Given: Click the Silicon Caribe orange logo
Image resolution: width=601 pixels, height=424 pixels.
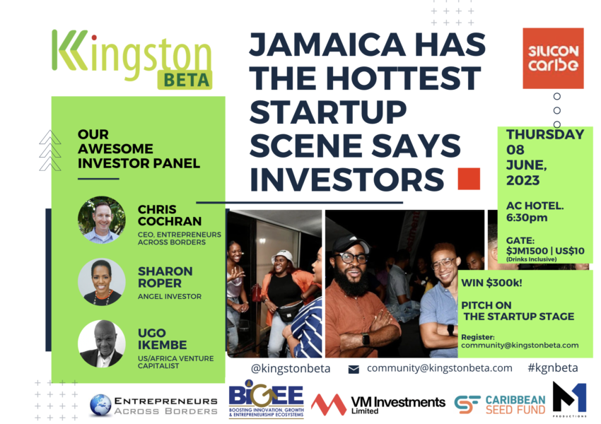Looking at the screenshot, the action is [x=553, y=58].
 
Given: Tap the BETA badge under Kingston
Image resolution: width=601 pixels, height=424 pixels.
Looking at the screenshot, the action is [x=185, y=80].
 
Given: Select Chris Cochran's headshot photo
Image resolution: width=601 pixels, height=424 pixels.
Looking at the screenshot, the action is [x=102, y=220].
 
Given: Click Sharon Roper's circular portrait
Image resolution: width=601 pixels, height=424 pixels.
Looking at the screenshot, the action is [x=102, y=282].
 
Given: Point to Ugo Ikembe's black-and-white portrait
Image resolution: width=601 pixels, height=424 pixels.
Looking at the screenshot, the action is [x=102, y=343].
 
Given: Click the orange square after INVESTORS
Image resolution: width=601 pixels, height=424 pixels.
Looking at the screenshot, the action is [x=469, y=179].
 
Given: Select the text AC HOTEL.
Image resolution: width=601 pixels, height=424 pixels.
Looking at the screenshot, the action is [x=535, y=206].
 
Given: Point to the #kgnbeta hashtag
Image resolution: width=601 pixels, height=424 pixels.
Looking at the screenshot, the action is [x=553, y=367].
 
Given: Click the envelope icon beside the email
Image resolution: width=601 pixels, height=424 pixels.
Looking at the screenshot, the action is [x=354, y=369].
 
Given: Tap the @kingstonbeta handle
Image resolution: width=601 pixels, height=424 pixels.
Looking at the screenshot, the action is [x=291, y=368].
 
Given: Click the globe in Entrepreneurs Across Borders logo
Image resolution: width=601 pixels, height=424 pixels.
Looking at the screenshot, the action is [x=101, y=405].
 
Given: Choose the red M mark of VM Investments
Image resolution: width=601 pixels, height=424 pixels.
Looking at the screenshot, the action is [x=329, y=404].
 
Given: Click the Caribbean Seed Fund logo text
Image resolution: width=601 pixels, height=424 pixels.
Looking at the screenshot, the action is [x=515, y=405].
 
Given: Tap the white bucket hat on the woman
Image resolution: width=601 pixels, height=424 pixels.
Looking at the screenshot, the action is [x=282, y=258].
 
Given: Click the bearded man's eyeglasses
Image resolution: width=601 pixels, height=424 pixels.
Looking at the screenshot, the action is [x=350, y=257].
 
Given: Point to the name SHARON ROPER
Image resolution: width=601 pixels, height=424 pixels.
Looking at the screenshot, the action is [x=165, y=277].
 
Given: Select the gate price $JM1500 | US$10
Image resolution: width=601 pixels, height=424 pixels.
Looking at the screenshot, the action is [x=545, y=251].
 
